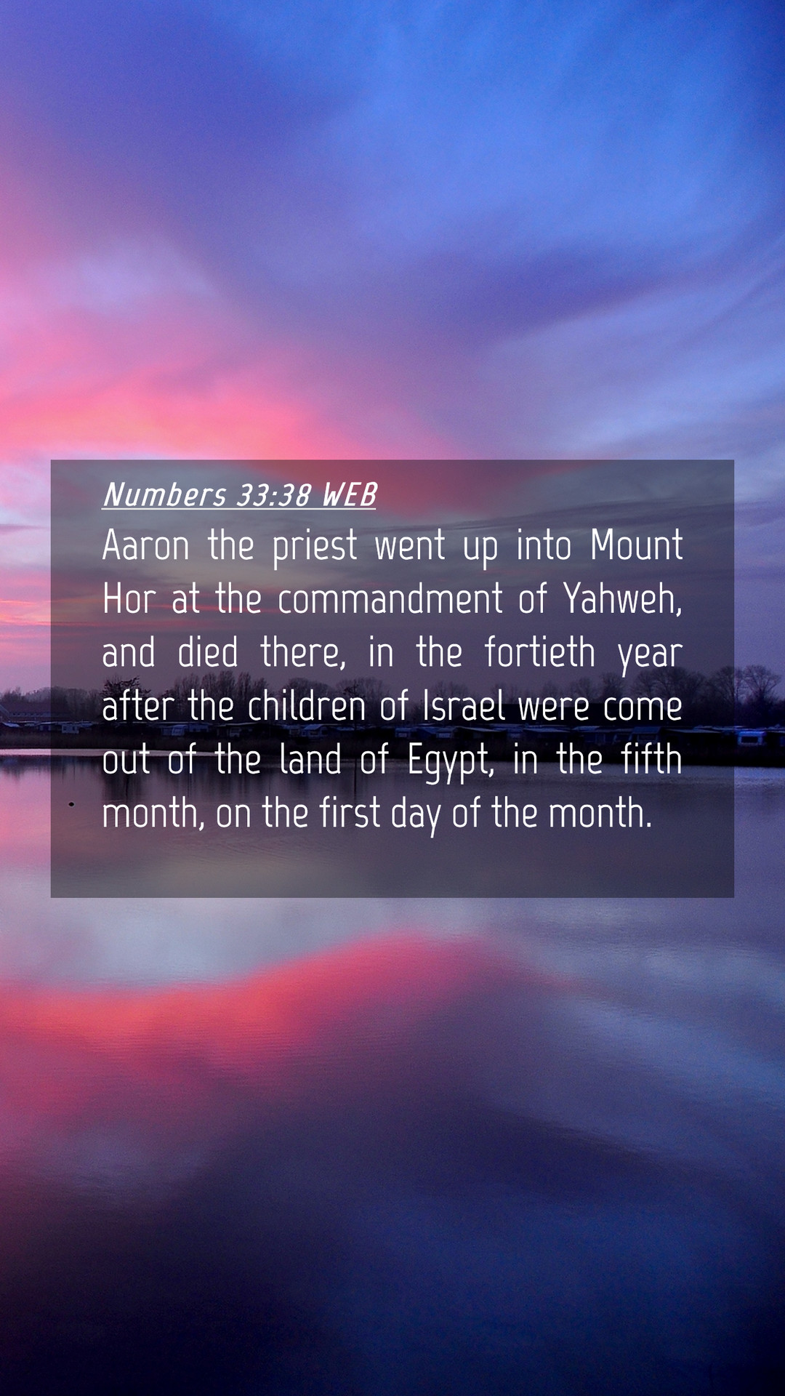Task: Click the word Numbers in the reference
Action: click(165, 494)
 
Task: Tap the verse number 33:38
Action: click(274, 495)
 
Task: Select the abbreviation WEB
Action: click(349, 495)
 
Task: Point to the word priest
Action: click(315, 547)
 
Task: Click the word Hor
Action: click(129, 598)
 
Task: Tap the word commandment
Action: click(390, 598)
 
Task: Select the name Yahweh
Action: click(623, 599)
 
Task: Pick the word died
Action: click(208, 651)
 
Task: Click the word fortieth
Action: click(540, 651)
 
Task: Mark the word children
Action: click(306, 705)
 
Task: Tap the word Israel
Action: click(464, 705)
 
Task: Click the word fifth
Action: click(652, 758)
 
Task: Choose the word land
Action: click(310, 758)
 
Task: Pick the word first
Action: click(350, 812)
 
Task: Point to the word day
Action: click(416, 815)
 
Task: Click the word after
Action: click(138, 705)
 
